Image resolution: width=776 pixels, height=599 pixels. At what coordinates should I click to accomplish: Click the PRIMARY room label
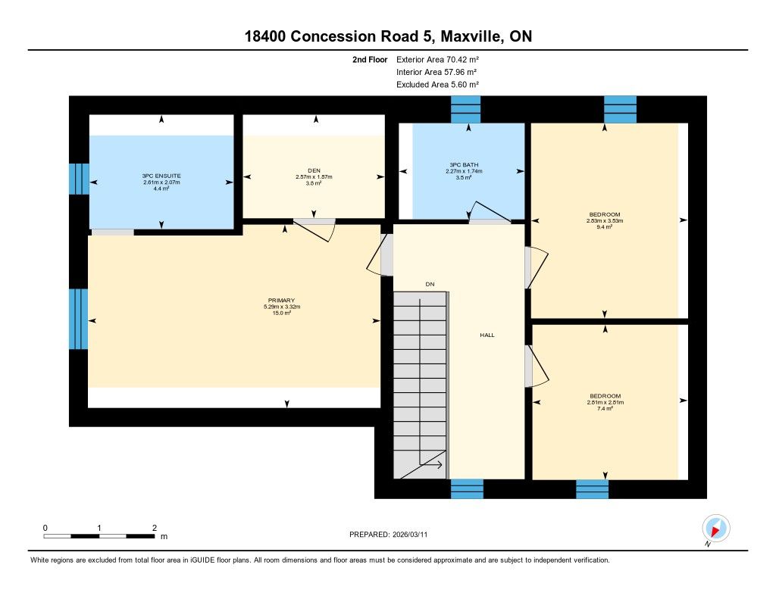[281, 300]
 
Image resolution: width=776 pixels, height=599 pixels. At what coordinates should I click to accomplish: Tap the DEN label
[314, 170]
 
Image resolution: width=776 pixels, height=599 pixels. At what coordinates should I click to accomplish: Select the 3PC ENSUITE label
[161, 176]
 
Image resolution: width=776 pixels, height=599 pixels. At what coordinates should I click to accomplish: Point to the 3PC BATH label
[464, 165]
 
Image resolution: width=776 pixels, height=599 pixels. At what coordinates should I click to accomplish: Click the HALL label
[487, 335]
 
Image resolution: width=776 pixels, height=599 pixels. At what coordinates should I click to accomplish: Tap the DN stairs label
[430, 284]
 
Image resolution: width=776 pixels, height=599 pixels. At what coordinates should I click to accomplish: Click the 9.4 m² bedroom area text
[604, 227]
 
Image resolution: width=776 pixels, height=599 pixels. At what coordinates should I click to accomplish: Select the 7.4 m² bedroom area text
[605, 409]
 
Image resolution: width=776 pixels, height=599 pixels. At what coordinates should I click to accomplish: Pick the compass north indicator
[715, 529]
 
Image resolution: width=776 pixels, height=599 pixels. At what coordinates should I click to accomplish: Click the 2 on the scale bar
[155, 528]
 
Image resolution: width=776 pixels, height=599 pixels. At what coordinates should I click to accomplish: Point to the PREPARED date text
[388, 534]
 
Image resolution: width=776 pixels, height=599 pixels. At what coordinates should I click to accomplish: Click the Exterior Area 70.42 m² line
[437, 59]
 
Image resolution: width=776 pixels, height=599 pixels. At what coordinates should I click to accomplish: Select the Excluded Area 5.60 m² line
[437, 85]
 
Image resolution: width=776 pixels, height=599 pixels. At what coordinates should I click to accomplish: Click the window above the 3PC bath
[466, 109]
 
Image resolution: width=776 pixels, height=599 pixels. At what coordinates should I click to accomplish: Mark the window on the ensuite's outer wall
[79, 179]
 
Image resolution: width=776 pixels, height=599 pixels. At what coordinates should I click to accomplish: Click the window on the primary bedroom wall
[78, 319]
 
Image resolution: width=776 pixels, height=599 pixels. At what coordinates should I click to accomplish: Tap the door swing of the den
[314, 230]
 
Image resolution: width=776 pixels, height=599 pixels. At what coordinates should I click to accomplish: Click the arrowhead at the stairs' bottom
[440, 465]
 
